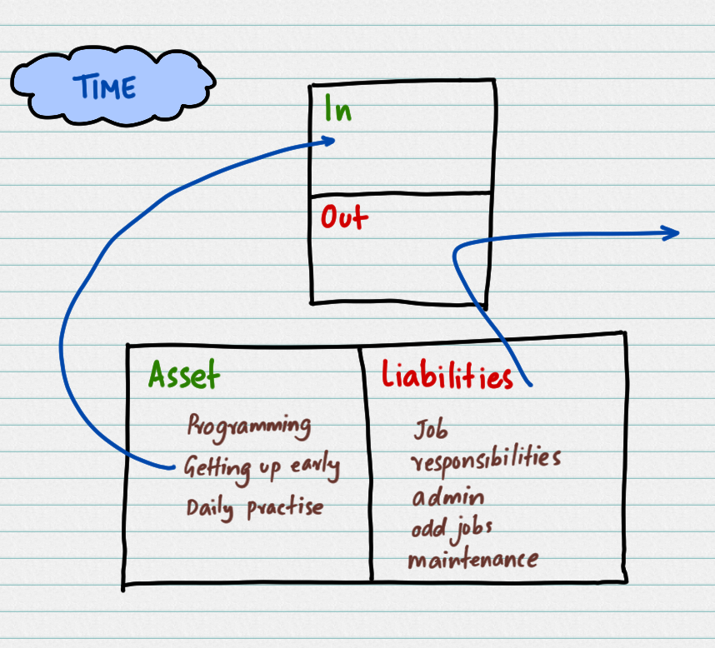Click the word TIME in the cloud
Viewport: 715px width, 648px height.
pos(104,87)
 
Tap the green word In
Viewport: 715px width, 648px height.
pos(337,109)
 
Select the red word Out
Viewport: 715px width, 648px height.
pos(344,218)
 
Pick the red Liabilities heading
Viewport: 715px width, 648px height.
pos(447,377)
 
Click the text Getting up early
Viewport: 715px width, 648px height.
pos(262,467)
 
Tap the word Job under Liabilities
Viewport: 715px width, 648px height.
pos(430,430)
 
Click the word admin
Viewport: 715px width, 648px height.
pos(447,498)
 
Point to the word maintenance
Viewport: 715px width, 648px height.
pos(472,559)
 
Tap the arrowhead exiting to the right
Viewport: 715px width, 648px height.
pos(674,234)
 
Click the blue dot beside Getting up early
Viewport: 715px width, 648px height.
pos(173,466)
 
